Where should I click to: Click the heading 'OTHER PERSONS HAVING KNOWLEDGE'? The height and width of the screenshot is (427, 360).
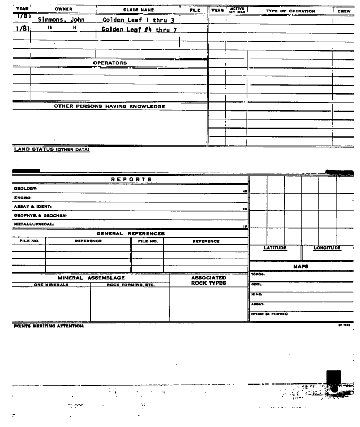click(109, 107)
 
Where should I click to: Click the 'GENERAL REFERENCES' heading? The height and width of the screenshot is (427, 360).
click(130, 233)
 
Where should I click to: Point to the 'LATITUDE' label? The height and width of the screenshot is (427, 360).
click(275, 248)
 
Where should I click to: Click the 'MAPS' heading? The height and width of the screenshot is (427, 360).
click(301, 267)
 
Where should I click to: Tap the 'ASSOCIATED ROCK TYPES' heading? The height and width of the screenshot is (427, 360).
click(209, 280)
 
